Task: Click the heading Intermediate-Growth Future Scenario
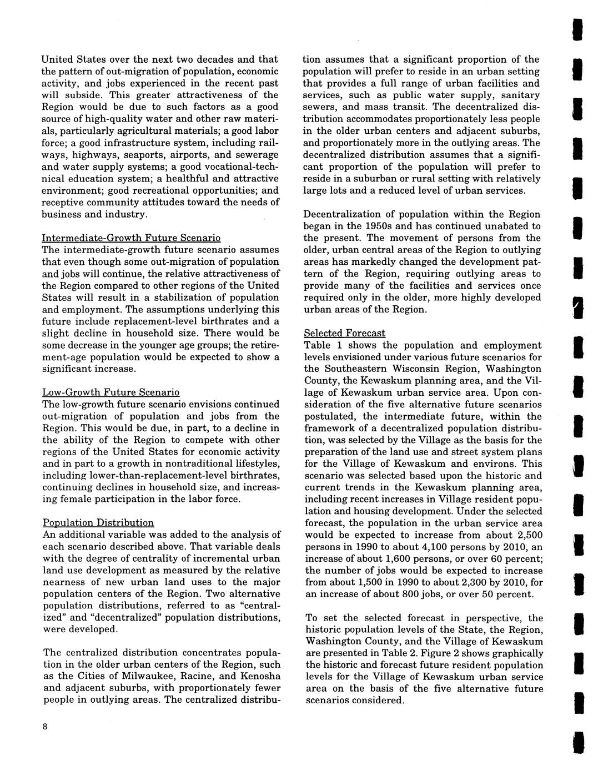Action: [x=131, y=238]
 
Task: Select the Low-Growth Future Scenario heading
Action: [x=110, y=392]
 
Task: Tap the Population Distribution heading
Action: [x=98, y=522]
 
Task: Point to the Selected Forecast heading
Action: [x=344, y=333]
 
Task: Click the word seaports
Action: [x=148, y=154]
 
